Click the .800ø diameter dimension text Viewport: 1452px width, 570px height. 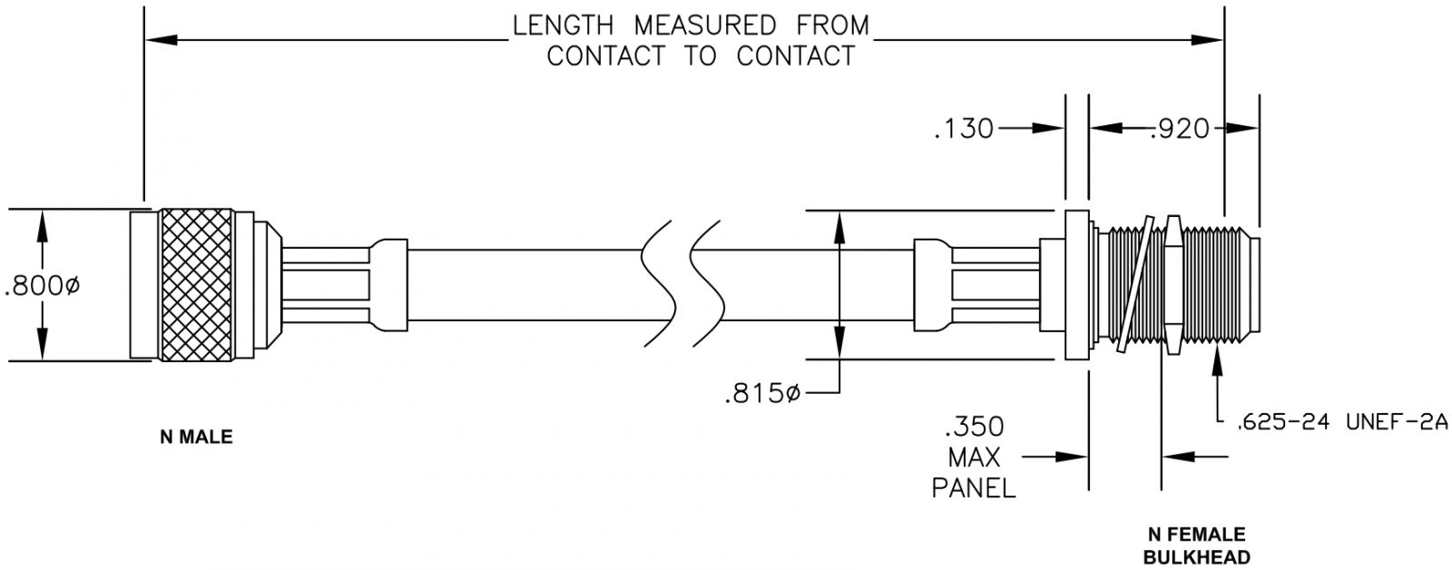click(x=43, y=288)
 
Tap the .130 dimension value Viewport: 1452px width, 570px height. click(x=965, y=130)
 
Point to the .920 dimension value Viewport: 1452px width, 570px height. click(x=1180, y=130)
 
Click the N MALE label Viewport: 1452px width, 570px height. click(x=196, y=437)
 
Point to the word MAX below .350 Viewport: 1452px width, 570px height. click(x=974, y=457)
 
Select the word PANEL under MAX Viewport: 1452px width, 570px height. click(x=974, y=487)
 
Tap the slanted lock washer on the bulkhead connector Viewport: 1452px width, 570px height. click(x=1136, y=284)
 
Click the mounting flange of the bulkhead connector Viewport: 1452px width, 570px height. click(x=1075, y=284)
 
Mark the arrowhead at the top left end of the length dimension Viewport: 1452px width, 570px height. click(x=156, y=39)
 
